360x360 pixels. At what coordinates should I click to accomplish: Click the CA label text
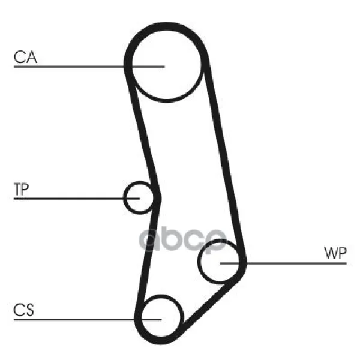[x=25, y=57]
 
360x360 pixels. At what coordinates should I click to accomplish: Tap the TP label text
[x=22, y=190]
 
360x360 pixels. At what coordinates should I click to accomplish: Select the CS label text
[x=23, y=310]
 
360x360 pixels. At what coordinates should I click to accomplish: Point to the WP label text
[x=335, y=253]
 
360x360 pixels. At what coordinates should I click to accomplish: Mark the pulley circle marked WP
[x=198, y=262]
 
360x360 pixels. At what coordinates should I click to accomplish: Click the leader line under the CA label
[x=89, y=67]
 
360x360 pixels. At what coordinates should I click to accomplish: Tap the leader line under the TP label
[x=77, y=199]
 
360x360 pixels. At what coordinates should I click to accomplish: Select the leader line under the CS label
[x=88, y=319]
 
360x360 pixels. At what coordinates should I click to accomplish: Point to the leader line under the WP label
[x=283, y=263]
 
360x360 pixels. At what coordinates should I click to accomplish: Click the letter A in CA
[x=31, y=57]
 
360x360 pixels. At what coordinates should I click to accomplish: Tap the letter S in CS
[x=29, y=310]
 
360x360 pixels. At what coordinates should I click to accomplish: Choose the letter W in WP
[x=331, y=253]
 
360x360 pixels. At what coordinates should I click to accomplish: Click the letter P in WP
[x=343, y=253]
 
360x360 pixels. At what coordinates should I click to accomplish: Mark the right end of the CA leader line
[x=164, y=67]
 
